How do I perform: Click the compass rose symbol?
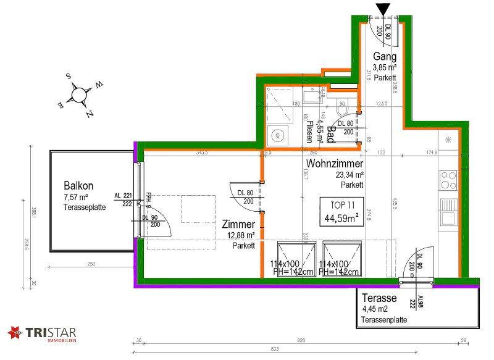(79, 94)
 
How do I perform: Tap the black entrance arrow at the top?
(383, 8)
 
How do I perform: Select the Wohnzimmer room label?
(333, 164)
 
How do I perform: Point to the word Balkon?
(78, 185)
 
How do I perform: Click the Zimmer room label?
(238, 225)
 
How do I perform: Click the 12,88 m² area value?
(240, 235)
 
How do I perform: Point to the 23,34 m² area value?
(349, 175)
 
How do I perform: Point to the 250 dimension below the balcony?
(91, 264)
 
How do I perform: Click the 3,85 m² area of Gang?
(385, 68)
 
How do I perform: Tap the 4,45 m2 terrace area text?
(375, 309)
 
